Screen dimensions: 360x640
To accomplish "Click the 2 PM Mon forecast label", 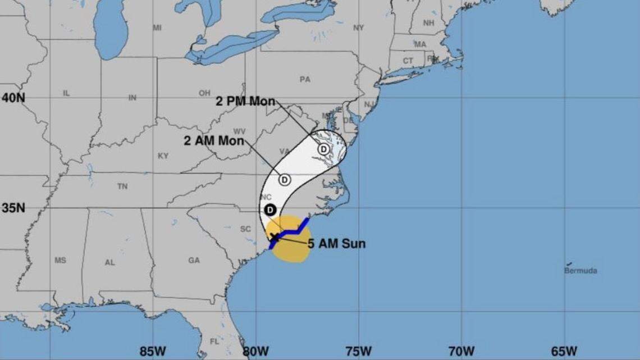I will pyautogui.click(x=245, y=102).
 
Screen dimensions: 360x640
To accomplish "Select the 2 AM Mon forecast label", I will pyautogui.click(x=214, y=141).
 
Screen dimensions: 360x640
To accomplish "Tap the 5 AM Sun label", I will pyautogui.click(x=336, y=244).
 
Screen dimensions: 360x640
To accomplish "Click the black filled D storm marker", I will pyautogui.click(x=270, y=209).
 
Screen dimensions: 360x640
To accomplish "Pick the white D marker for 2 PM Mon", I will pyautogui.click(x=324, y=149).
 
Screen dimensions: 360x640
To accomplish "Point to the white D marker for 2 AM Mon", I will pyautogui.click(x=285, y=180).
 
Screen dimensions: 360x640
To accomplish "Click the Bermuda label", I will pyautogui.click(x=580, y=271).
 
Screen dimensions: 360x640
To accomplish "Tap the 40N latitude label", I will pyautogui.click(x=13, y=98).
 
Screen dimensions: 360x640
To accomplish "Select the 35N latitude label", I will pyautogui.click(x=13, y=208).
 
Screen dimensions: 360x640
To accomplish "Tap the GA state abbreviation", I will pyautogui.click(x=194, y=261).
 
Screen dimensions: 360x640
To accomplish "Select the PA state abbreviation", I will pyautogui.click(x=305, y=80).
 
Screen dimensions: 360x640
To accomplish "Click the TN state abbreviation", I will pyautogui.click(x=122, y=186).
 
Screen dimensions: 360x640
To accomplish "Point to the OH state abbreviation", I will pyautogui.click(x=204, y=93).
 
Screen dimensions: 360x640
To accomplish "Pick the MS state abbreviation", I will pyautogui.click(x=60, y=261).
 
